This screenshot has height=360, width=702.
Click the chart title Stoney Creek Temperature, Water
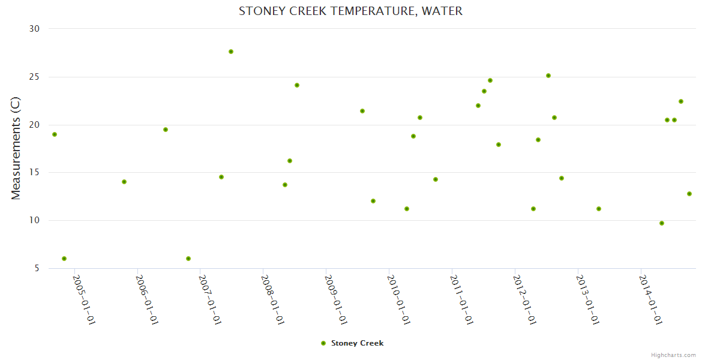pos(350,11)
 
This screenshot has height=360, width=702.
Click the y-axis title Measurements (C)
pos(16,148)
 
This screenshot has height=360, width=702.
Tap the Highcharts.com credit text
pos(673,355)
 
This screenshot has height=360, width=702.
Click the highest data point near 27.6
pos(231,52)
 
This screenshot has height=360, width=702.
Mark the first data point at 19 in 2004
pos(55,134)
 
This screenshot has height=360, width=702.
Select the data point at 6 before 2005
pos(64,259)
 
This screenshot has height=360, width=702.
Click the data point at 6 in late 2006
pos(188,259)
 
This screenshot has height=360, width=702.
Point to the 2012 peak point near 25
pos(548,76)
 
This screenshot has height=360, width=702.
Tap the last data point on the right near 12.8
pos(689,194)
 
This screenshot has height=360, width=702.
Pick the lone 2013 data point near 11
pos(599,209)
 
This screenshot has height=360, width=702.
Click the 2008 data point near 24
pos(297,85)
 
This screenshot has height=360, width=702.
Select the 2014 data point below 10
pos(662,223)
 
